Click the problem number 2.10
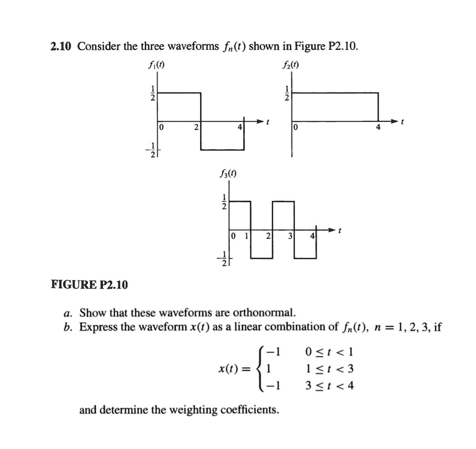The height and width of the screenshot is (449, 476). click(x=61, y=46)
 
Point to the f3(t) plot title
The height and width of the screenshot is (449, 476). click(x=227, y=175)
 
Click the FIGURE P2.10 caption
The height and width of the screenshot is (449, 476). click(x=89, y=284)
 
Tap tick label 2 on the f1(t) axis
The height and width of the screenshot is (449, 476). click(x=196, y=127)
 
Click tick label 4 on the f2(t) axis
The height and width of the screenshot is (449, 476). click(x=378, y=127)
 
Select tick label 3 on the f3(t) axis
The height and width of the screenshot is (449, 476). click(x=290, y=236)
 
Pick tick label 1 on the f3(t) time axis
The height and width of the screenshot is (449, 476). click(x=247, y=236)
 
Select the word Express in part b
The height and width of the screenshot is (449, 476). click(x=98, y=327)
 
